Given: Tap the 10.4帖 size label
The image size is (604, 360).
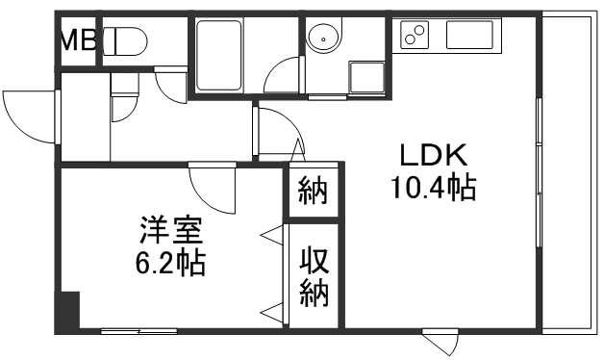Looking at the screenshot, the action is (433, 187).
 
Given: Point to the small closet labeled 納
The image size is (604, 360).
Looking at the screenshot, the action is (312, 191).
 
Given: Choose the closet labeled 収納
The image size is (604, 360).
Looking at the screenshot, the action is (314, 276).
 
